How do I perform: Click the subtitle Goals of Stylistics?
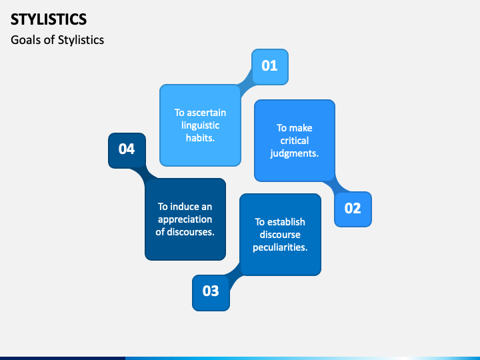57,40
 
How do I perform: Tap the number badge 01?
269,66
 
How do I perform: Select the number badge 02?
353,209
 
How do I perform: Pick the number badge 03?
211,291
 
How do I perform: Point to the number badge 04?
127,149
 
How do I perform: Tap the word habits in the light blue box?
200,138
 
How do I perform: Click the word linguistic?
200,125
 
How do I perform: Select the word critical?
294,141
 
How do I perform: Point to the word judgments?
294,153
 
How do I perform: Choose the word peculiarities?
280,247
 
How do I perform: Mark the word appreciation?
185,219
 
